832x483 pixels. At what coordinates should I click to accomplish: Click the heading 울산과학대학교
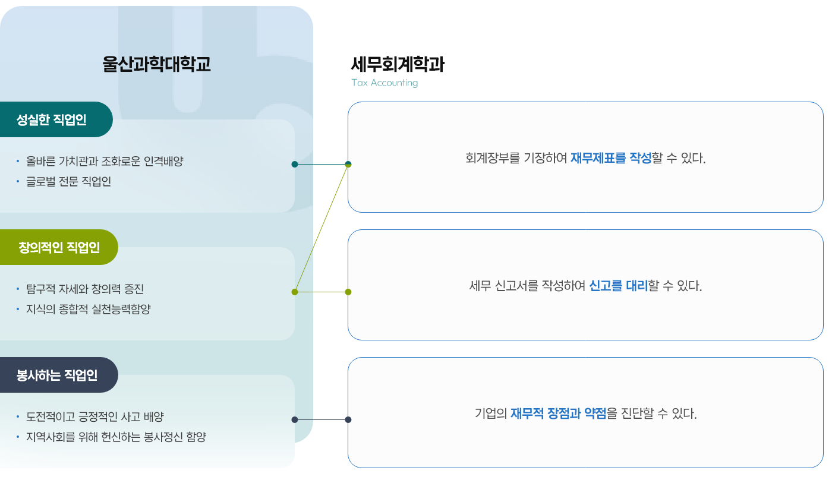tap(156, 64)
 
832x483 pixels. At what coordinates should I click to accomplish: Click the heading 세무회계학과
tap(398, 64)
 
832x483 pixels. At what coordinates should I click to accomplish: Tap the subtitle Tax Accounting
tap(385, 83)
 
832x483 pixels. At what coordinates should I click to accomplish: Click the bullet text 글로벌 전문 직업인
tap(68, 182)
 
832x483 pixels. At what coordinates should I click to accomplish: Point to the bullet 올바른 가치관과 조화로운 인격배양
tap(105, 162)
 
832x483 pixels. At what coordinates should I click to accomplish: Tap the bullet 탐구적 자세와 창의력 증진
tap(84, 289)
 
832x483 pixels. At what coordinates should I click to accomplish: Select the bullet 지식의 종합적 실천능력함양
tap(89, 310)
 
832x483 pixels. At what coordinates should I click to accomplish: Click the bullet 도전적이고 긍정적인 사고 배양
tap(94, 417)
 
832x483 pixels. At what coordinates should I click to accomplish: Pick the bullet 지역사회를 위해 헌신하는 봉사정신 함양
tap(116, 437)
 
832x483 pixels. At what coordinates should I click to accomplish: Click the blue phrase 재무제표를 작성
tap(611, 158)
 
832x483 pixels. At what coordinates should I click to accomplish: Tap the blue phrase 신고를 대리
tap(619, 286)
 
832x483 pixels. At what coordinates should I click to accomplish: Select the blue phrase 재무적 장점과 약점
tap(558, 413)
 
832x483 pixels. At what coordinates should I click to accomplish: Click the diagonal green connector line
tap(322, 228)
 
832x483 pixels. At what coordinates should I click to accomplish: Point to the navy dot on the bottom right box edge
tap(348, 419)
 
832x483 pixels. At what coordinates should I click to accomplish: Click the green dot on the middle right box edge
tap(348, 292)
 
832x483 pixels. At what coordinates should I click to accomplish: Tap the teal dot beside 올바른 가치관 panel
tap(295, 164)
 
